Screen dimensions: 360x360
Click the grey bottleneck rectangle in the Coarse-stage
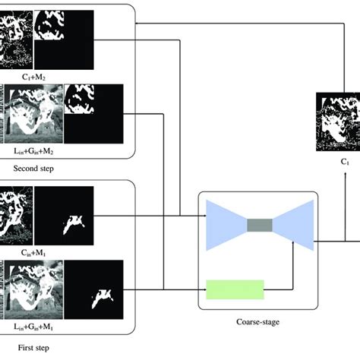point(259,224)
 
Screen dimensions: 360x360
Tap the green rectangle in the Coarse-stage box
point(235,289)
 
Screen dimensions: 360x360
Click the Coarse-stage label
point(258,322)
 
